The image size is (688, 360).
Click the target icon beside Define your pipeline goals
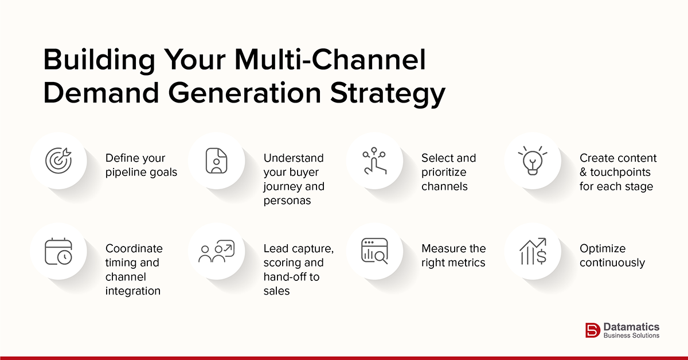(58, 161)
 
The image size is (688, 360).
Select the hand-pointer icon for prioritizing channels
(374, 161)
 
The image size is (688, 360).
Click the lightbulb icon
(533, 161)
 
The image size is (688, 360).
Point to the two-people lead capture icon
(216, 252)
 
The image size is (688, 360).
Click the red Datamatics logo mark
(592, 330)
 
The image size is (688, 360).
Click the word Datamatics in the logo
(631, 326)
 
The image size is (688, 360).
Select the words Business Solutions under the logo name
(631, 335)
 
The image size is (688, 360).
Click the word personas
(287, 200)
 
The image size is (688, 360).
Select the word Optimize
(603, 249)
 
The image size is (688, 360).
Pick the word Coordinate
(134, 249)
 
